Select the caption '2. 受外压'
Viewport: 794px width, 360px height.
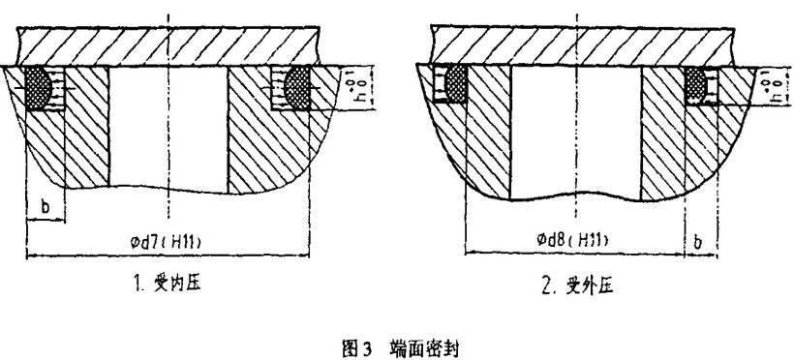click(577, 285)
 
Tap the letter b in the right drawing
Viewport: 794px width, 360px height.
click(699, 238)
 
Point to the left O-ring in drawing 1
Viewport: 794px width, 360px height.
click(40, 85)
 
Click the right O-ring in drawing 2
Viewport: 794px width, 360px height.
click(696, 85)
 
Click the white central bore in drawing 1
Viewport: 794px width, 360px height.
click(168, 126)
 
